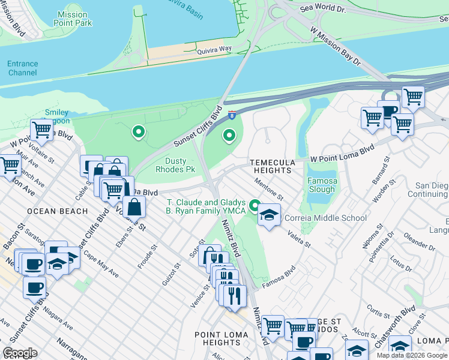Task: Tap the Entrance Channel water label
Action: [23, 68]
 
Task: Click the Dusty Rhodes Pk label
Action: [175, 166]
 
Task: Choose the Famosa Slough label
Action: [322, 185]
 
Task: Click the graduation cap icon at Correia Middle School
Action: [269, 215]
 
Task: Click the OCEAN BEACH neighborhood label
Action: [58, 212]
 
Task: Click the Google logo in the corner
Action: [20, 353]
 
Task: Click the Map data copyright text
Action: [412, 355]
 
